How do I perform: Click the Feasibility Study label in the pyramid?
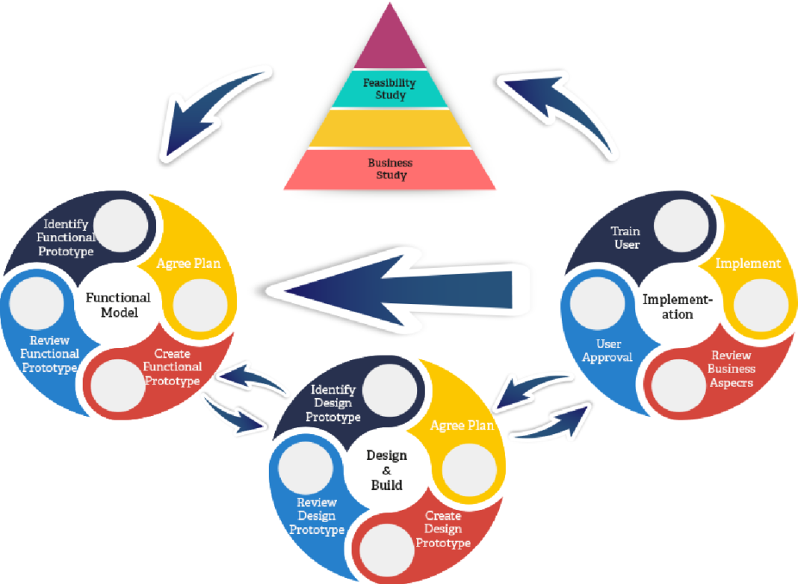click(x=389, y=89)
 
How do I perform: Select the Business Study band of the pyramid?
click(x=389, y=169)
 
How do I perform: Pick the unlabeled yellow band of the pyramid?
click(x=389, y=128)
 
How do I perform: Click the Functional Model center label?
click(x=118, y=305)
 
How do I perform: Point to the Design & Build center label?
click(x=386, y=470)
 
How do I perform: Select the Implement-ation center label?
click(x=678, y=306)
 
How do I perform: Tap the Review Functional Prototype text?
click(x=49, y=354)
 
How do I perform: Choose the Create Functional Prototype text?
click(x=173, y=367)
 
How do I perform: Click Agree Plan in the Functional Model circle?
click(x=188, y=264)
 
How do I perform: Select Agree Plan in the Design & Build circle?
click(x=462, y=426)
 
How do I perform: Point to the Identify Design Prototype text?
click(x=332, y=403)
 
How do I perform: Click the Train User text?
click(x=625, y=237)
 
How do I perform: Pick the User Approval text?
click(x=608, y=350)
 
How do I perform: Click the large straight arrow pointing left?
click(x=396, y=290)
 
